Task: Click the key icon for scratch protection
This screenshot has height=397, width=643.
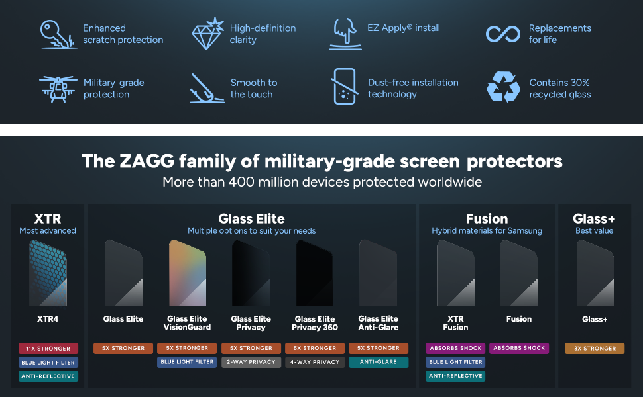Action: click(58, 34)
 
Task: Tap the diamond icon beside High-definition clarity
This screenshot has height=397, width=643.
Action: click(207, 34)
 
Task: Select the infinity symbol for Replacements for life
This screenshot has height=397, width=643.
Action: click(502, 34)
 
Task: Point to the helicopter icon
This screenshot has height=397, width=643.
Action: click(58, 89)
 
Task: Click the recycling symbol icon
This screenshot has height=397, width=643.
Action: click(503, 87)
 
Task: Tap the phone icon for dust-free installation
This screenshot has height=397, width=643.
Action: click(345, 87)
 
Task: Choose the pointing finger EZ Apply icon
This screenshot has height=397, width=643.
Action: click(345, 34)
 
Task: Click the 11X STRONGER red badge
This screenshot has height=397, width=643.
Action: click(48, 348)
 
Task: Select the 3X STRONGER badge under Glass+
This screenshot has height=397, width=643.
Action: click(595, 348)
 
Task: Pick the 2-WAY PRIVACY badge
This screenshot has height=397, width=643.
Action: click(251, 362)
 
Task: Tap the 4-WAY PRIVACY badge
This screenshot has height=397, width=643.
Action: click(315, 362)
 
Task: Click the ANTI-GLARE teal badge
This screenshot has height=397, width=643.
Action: click(379, 362)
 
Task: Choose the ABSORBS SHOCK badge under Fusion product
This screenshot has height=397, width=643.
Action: click(519, 348)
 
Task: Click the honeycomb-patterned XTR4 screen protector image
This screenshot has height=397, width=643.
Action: click(48, 273)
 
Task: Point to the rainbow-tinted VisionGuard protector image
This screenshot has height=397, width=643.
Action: click(188, 273)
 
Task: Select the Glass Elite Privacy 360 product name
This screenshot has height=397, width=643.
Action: click(315, 323)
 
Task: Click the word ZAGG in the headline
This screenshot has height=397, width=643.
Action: click(146, 161)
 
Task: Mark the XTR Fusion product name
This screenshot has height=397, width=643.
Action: click(455, 323)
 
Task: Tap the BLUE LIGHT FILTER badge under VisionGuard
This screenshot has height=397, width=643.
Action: click(187, 362)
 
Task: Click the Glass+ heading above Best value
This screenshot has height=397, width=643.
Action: click(594, 218)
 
